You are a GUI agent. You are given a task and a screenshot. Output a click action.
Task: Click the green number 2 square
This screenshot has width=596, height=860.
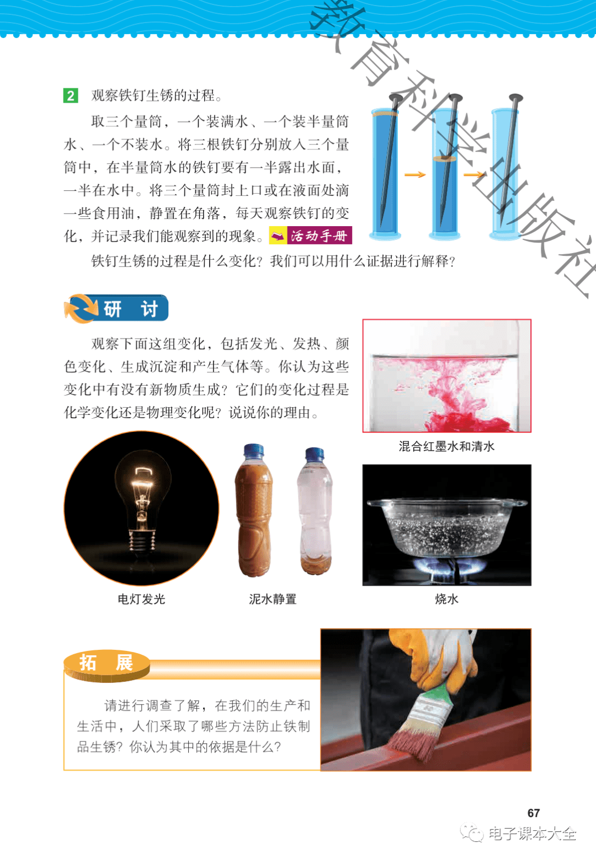(x=71, y=95)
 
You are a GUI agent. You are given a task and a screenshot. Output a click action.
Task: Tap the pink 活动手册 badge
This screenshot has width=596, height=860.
(x=310, y=236)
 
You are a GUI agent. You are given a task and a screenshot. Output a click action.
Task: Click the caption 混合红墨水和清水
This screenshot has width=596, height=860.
(x=446, y=446)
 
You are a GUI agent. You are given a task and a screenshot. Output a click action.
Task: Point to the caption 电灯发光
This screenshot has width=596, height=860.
(x=141, y=599)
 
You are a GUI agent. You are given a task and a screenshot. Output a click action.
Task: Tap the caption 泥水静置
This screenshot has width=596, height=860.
(x=273, y=599)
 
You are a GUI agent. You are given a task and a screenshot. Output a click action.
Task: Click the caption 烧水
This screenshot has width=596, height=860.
(x=446, y=599)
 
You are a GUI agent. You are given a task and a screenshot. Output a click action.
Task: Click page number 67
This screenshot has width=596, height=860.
(x=534, y=813)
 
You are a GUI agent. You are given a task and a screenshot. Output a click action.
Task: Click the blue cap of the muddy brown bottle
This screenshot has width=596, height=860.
(x=253, y=450)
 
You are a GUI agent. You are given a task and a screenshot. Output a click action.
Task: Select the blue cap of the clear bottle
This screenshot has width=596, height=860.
(x=315, y=453)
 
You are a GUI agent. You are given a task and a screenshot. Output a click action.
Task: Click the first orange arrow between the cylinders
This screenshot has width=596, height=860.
(x=415, y=175)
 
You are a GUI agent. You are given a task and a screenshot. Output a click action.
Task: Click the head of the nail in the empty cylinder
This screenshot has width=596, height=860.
(x=515, y=98)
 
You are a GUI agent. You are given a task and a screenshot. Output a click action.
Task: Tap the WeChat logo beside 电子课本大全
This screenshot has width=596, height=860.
(x=472, y=832)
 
